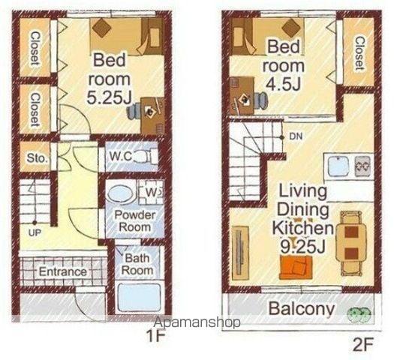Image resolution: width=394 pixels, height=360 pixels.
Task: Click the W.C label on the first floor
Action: [121, 157]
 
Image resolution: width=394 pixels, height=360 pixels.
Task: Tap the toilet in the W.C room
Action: [145, 157]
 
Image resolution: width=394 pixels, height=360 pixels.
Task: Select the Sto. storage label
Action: [37, 158]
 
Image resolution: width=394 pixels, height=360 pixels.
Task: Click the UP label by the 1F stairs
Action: [35, 232]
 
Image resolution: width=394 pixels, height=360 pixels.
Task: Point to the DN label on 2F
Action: [296, 136]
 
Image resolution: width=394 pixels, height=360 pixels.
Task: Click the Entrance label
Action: [63, 271]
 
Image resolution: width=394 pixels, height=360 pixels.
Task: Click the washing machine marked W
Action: [151, 192]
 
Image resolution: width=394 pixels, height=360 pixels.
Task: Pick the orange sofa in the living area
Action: [296, 267]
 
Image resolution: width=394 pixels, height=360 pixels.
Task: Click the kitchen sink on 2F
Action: [338, 166]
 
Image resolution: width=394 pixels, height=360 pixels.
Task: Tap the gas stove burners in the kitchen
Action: [362, 166]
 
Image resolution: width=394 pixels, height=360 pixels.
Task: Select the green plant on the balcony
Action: [359, 313]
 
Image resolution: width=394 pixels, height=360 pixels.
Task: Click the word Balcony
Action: [302, 308]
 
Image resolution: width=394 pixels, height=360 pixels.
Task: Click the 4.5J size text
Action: [284, 84]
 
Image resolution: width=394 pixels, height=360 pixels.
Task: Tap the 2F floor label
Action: [363, 346]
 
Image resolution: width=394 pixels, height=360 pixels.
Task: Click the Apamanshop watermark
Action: [197, 322]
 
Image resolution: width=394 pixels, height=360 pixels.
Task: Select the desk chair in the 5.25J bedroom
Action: [134, 111]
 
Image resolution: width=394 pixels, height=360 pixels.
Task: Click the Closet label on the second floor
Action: [359, 53]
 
